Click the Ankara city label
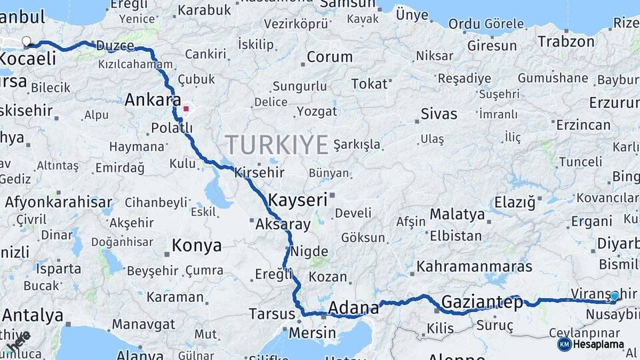pos(153,101)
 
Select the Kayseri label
pos(297,199)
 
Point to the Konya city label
pos(197,245)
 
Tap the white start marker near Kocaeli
pos(27,42)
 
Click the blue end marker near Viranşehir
pos(614,297)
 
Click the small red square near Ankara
pos(187,109)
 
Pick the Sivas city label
pos(439,113)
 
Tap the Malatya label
pos(457,215)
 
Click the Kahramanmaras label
pos(475,267)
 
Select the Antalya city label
pos(33,315)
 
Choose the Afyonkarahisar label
pos(59,201)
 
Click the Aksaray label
pos(283,225)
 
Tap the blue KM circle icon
pos(564,345)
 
